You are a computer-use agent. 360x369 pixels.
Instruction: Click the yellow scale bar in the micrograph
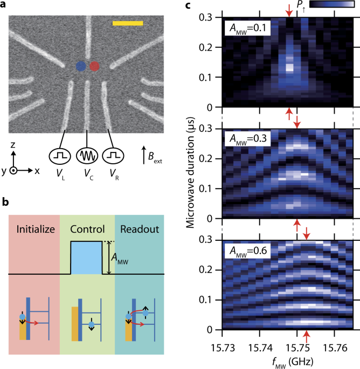click(x=128, y=23)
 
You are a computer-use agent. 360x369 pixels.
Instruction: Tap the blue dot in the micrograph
click(x=80, y=66)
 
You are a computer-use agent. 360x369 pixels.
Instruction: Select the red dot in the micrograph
click(x=94, y=66)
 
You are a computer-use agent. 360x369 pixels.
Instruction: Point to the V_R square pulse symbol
click(x=112, y=155)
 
